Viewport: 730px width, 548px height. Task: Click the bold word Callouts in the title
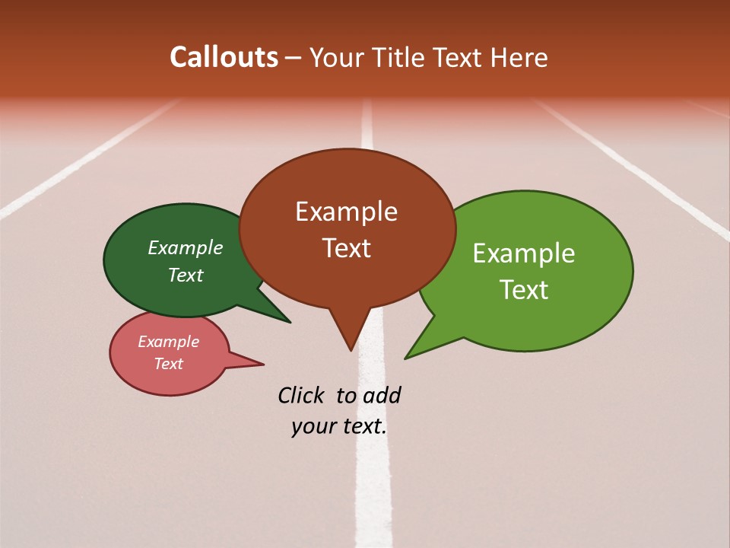click(x=224, y=57)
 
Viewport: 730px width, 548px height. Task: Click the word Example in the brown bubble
click(x=346, y=212)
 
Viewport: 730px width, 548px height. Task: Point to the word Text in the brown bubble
click(x=346, y=247)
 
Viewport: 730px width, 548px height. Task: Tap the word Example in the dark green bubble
click(x=186, y=247)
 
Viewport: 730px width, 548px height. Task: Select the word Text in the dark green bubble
click(x=186, y=275)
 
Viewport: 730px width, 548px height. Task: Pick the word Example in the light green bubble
click(x=524, y=253)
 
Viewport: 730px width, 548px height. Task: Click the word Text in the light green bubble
click(x=524, y=289)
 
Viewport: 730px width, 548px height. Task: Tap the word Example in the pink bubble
click(x=168, y=342)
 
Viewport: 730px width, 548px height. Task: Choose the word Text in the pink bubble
click(x=168, y=364)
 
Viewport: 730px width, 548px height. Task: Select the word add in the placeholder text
click(x=382, y=395)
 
